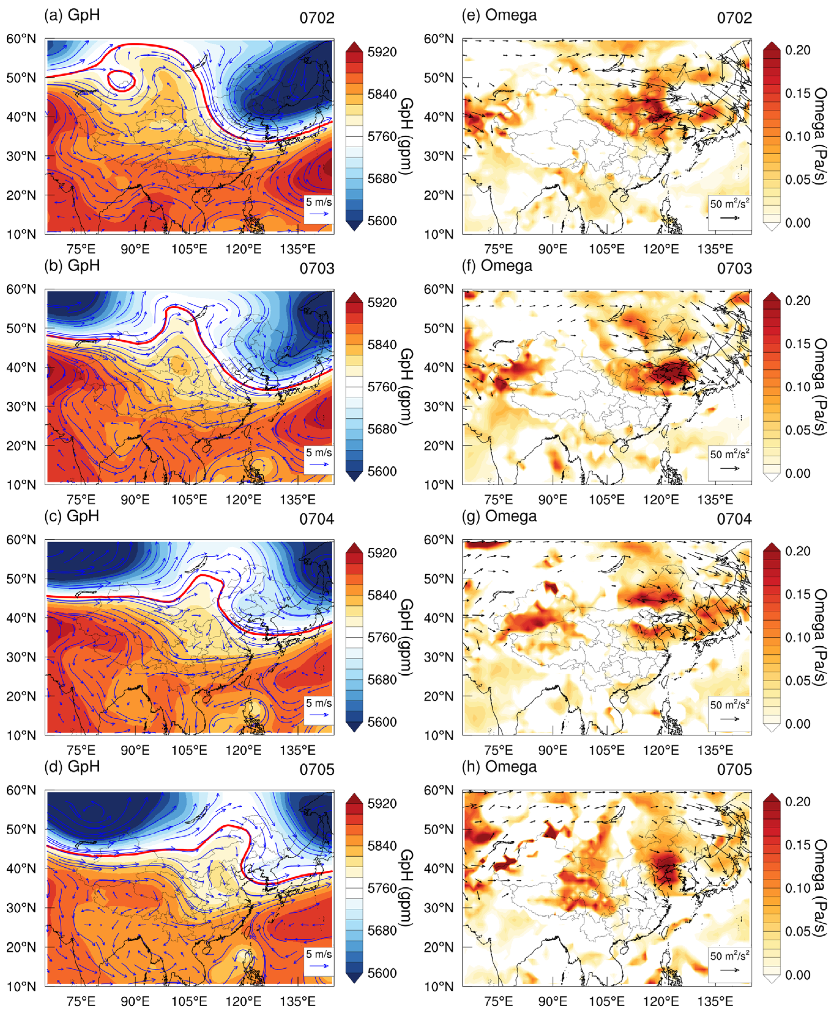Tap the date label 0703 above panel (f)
click(x=734, y=269)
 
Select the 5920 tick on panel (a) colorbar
click(x=382, y=52)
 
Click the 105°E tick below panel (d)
click(x=189, y=1001)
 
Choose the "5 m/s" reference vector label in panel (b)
click(x=319, y=453)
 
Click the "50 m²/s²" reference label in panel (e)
click(x=729, y=204)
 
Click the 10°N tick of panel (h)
click(x=438, y=986)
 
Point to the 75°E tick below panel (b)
click(x=81, y=500)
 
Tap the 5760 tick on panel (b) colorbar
click(x=382, y=387)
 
